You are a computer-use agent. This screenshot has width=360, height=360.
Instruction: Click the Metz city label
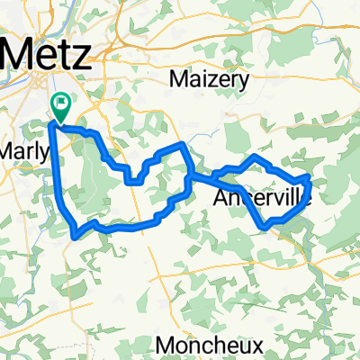49,55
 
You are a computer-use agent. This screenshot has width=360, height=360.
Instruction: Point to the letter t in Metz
67,55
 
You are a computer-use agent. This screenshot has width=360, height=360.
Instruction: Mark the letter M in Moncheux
166,345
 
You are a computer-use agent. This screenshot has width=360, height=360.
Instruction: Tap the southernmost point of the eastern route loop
265,225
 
